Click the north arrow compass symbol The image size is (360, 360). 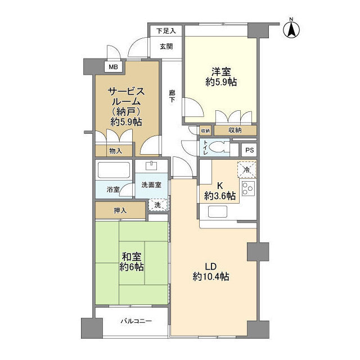(x=291, y=29)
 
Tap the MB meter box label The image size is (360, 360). (x=113, y=67)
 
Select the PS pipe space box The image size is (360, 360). (x=250, y=150)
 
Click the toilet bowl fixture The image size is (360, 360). (x=218, y=147)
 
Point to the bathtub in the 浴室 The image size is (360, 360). (x=114, y=170)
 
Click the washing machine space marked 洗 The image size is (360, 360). (x=157, y=205)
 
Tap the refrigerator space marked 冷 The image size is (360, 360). (x=246, y=170)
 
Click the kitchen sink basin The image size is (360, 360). (x=218, y=211)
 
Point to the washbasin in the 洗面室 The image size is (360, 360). (x=152, y=166)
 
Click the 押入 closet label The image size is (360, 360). (x=120, y=210)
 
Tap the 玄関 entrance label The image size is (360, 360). (x=166, y=47)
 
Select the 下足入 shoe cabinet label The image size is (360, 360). (x=166, y=30)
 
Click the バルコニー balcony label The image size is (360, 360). (x=136, y=321)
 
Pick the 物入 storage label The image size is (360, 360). (x=116, y=151)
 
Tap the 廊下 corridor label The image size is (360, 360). (x=172, y=96)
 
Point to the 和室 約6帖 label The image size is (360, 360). (x=132, y=262)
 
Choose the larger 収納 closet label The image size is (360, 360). (x=235, y=130)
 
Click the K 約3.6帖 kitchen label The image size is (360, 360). (x=220, y=191)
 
